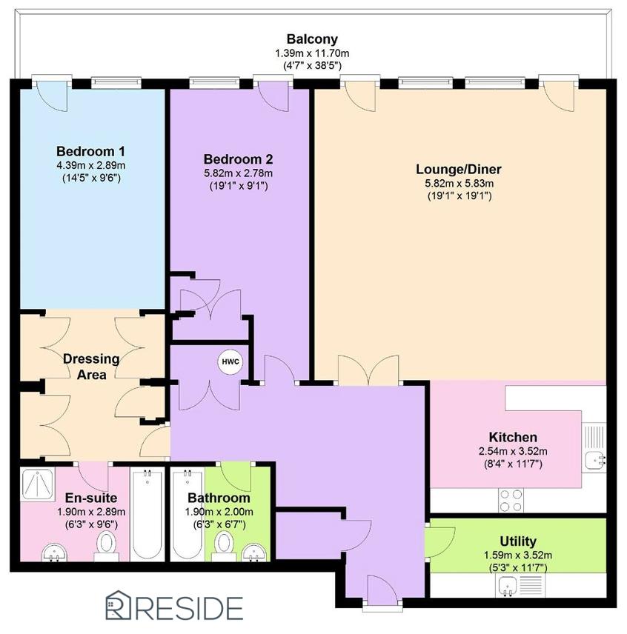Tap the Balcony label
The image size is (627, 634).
[x=312, y=39]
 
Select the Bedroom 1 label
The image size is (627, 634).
[x=90, y=151]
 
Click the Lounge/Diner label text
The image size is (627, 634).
[x=459, y=169]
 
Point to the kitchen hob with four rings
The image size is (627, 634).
[x=511, y=501]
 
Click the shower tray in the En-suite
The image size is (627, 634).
[x=37, y=484]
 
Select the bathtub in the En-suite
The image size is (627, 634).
[x=147, y=514]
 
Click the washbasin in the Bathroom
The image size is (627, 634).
[x=255, y=553]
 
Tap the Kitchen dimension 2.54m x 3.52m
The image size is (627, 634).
[x=513, y=451]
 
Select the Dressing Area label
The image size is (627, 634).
[x=91, y=367]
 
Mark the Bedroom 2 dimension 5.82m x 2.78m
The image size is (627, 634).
[x=238, y=173]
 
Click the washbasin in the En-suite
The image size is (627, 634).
[x=54, y=553]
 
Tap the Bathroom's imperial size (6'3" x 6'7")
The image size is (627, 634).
[x=219, y=525]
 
